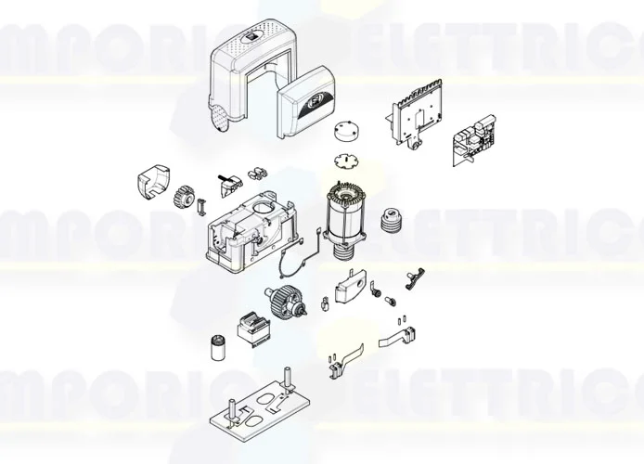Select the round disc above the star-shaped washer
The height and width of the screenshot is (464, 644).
347,130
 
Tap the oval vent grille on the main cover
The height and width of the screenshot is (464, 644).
221,118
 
